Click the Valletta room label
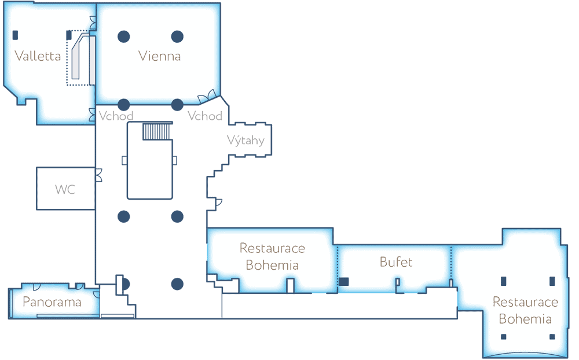[38, 56]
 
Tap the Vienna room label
[159, 56]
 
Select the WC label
[65, 189]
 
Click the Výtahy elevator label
[245, 139]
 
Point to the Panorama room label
[52, 302]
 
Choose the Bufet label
[396, 262]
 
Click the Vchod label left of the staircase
[116, 116]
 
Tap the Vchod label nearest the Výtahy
[205, 116]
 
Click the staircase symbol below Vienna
[156, 131]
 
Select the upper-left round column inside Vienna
[123, 36]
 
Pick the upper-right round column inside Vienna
[177, 36]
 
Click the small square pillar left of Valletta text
[15, 35]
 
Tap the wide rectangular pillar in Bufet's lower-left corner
[344, 282]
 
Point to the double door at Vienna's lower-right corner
[208, 96]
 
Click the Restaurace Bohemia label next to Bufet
[272, 257]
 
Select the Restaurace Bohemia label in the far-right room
[525, 311]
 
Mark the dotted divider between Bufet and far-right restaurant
[451, 263]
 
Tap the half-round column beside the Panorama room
[124, 284]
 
